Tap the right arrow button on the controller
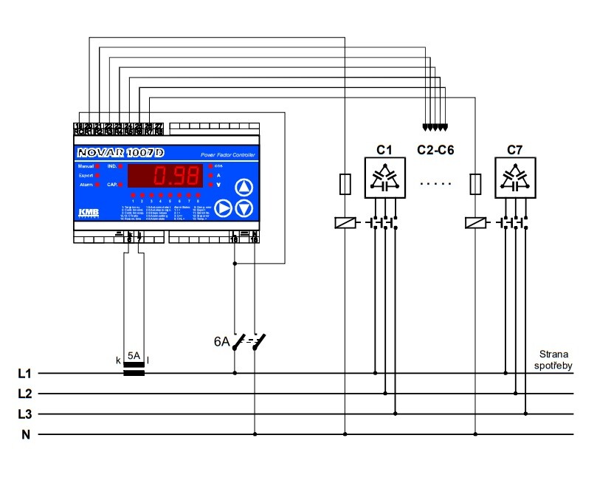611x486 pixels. point(224,209)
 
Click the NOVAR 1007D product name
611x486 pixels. point(118,154)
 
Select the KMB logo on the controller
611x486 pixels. point(88,213)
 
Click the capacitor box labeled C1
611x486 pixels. point(384,177)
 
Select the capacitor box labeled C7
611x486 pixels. point(514,177)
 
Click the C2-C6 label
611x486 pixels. point(435,150)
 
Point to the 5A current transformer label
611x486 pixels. point(134,356)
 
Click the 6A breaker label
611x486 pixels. point(221,342)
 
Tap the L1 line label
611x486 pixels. point(25,374)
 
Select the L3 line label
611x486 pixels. point(25,414)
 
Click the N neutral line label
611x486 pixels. point(25,434)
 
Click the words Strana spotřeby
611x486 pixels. point(554,360)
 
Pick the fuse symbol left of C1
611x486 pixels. point(345,185)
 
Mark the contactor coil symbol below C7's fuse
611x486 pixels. point(476,222)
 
